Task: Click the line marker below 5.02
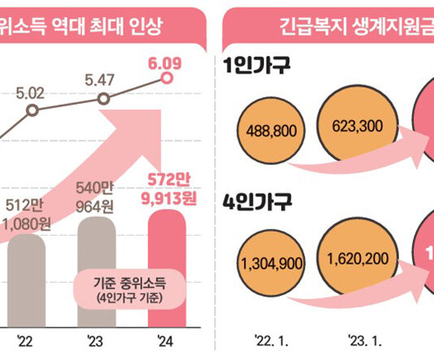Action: (32, 110)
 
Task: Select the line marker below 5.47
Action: (102, 98)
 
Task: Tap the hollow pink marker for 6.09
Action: (167, 78)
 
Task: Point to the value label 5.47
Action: (102, 81)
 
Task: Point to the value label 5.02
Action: (31, 92)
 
